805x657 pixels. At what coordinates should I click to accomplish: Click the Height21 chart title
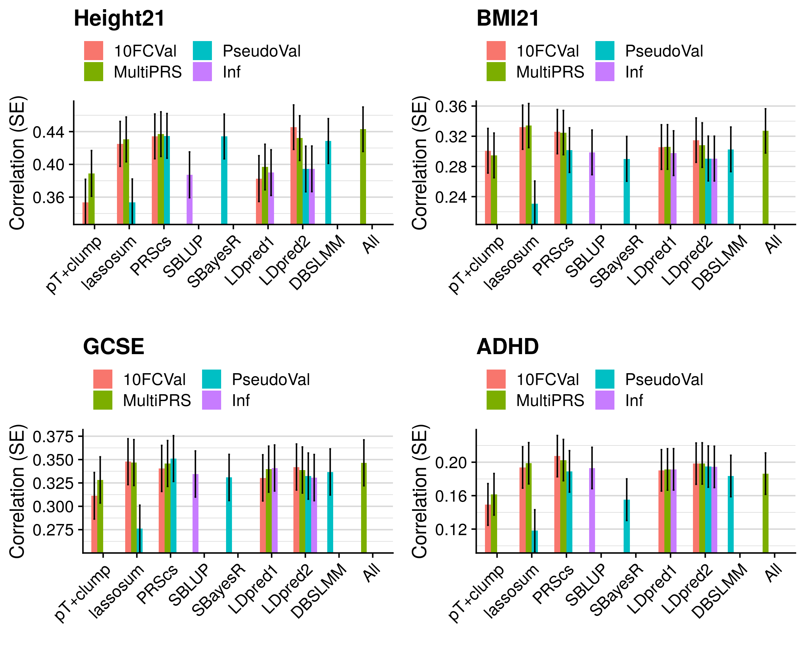[x=119, y=18]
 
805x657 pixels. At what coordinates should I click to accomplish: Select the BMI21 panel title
[x=508, y=18]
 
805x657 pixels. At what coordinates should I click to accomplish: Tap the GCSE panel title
[x=114, y=346]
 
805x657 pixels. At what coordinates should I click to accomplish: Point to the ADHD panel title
[x=508, y=346]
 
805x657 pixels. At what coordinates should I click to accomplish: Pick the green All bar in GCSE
[x=364, y=508]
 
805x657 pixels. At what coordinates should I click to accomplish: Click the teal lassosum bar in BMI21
[x=535, y=214]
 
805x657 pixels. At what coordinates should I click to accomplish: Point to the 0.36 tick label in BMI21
[x=451, y=107]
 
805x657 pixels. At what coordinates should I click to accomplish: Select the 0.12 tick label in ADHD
[x=451, y=530]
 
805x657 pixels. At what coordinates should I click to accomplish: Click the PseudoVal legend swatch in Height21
[x=202, y=51]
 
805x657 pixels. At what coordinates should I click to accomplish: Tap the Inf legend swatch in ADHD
[x=605, y=400]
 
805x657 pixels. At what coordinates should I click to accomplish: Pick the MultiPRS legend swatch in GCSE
[x=103, y=400]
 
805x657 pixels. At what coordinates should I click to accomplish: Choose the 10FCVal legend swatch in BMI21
[x=496, y=51]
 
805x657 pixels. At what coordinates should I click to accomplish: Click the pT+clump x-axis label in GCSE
[x=83, y=593]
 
